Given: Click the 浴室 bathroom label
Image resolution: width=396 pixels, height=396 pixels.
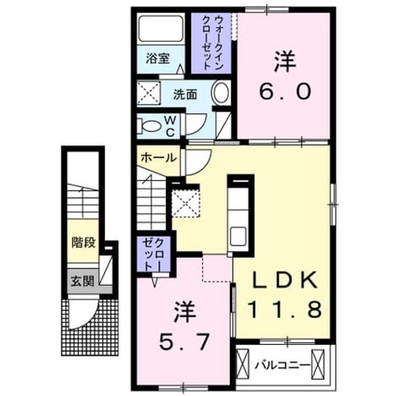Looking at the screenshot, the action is [x=158, y=59].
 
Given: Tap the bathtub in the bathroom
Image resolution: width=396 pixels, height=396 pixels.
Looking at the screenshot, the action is [x=161, y=28].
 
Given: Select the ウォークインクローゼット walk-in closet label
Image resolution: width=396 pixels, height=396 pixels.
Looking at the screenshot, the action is [x=211, y=43].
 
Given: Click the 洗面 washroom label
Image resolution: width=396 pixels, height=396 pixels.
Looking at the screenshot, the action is [x=185, y=94].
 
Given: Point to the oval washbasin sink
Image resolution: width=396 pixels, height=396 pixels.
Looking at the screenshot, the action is [x=221, y=92].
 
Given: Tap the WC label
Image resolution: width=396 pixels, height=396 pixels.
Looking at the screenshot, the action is [x=170, y=126].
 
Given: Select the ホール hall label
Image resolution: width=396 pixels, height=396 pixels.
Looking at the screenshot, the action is [x=158, y=158].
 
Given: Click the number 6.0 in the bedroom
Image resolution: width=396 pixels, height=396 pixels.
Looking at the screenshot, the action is [x=285, y=92].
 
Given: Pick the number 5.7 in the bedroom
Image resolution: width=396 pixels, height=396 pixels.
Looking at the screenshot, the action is [x=185, y=342].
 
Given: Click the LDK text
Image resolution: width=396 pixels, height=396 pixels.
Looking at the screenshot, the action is [x=285, y=280].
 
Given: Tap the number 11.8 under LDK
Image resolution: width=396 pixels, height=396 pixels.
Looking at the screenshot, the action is [x=285, y=309].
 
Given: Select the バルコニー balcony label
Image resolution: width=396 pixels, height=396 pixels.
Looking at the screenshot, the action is [x=282, y=365].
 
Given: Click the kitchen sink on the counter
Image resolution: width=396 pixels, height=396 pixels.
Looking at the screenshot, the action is [x=238, y=236].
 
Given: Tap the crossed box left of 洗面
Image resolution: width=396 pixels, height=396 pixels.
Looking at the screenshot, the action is [x=148, y=92].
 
